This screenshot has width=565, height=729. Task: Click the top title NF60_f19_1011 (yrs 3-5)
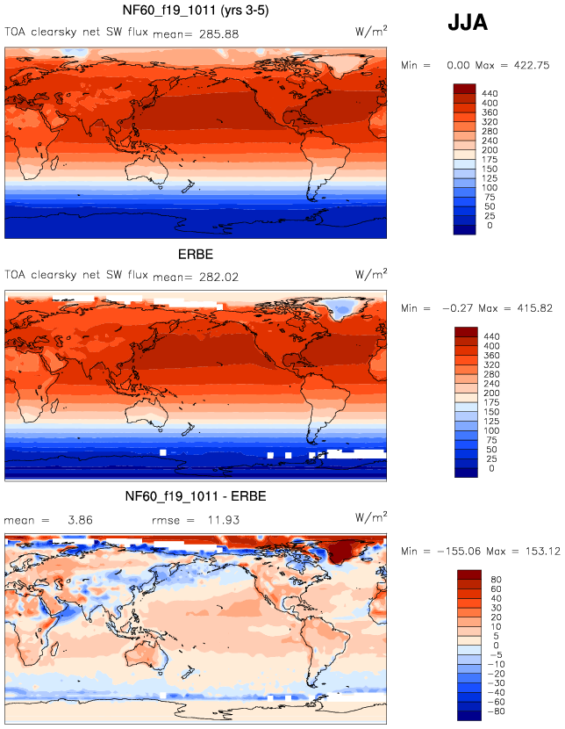tap(196, 11)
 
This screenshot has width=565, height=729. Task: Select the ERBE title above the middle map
tap(196, 255)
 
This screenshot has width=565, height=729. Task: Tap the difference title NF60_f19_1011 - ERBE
tap(196, 497)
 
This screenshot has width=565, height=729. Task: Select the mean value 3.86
tap(80, 520)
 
